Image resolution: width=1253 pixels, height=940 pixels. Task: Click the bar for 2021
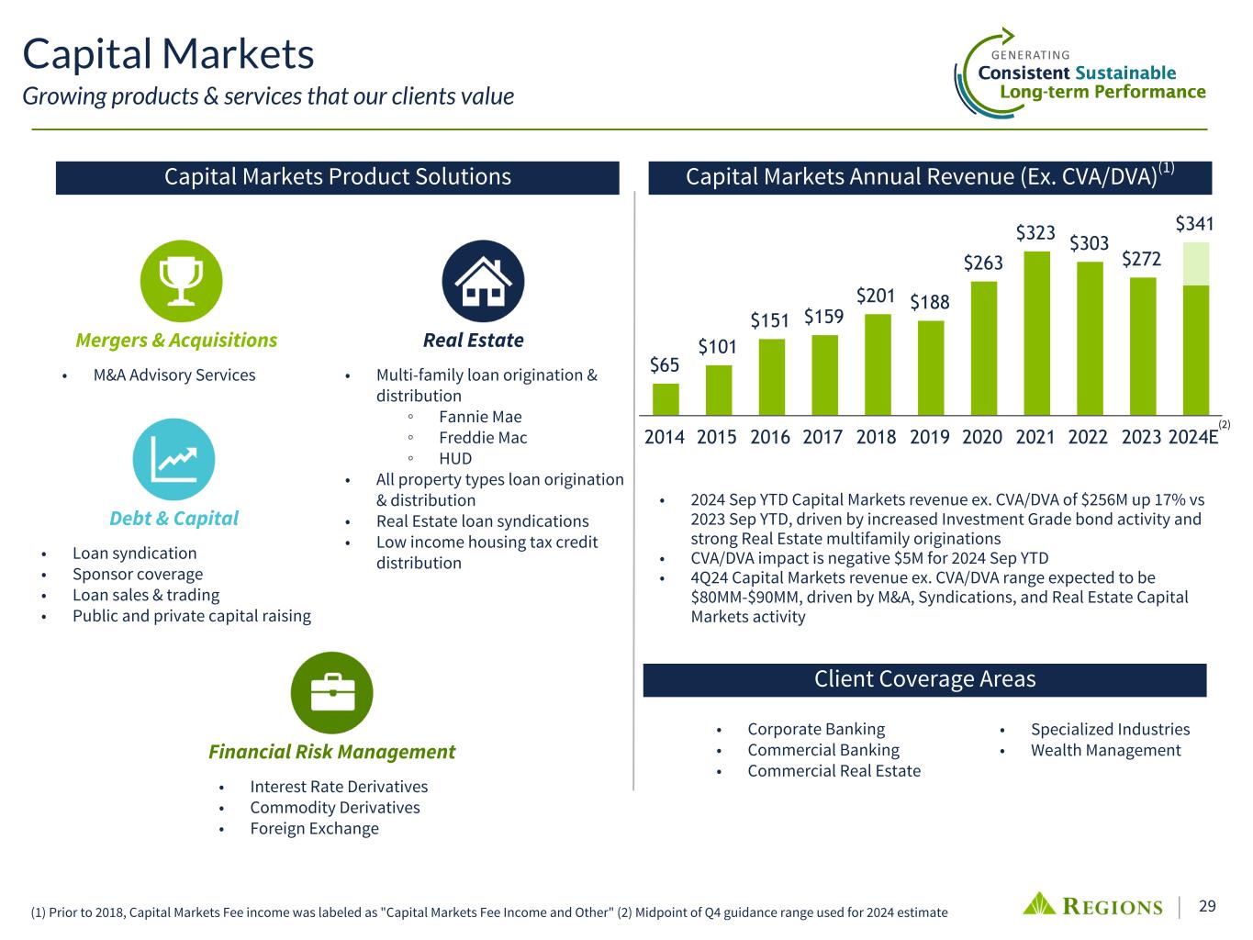1036,332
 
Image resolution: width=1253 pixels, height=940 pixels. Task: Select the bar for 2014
666,399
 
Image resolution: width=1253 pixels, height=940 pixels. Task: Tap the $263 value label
983,263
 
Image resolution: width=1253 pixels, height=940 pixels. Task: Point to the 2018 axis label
876,437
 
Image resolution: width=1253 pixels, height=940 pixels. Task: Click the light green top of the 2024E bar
1196,263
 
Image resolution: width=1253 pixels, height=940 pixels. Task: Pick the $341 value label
1194,223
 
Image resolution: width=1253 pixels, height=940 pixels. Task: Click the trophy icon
181,281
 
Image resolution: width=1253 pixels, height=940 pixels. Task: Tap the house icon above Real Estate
483,281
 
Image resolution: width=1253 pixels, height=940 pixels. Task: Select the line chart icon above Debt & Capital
173,459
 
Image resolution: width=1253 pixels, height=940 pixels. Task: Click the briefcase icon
331,693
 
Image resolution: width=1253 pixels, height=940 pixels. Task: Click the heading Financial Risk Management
331,752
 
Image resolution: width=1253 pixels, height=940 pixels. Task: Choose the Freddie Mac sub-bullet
483,438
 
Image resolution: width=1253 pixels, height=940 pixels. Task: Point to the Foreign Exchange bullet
315,828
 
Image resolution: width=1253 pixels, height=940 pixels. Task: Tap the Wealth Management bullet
1106,750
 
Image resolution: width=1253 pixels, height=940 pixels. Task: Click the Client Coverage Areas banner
924,679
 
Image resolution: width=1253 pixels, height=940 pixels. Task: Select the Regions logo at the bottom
1092,906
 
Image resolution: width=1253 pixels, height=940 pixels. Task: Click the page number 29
1207,906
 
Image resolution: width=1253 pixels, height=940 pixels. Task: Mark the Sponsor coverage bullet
138,574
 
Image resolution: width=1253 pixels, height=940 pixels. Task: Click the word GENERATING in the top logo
1030,55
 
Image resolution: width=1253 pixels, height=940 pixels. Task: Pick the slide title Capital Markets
168,54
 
